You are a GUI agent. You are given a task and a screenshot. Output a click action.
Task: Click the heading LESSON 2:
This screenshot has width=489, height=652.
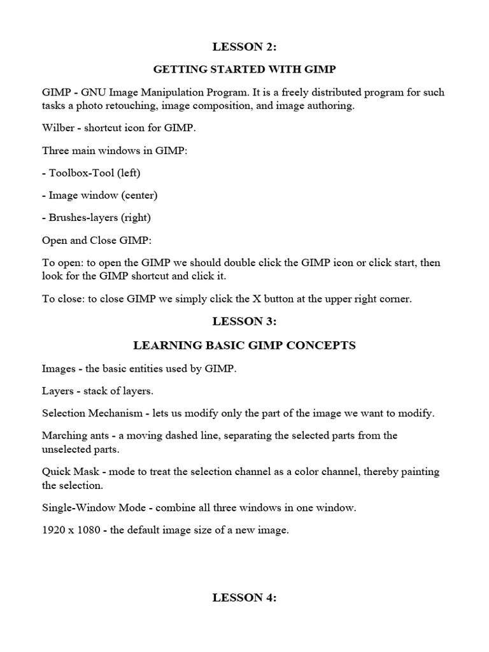[x=244, y=46]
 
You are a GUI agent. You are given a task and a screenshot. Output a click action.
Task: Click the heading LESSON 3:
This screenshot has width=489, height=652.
[x=244, y=322]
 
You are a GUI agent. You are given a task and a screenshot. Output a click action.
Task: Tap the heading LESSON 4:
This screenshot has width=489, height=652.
[x=244, y=597]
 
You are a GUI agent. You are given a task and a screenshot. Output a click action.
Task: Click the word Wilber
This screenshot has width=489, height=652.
[x=59, y=129]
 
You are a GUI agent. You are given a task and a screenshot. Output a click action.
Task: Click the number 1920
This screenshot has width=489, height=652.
[x=54, y=530]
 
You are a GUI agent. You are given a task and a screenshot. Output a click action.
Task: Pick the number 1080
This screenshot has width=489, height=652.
[x=90, y=530]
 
